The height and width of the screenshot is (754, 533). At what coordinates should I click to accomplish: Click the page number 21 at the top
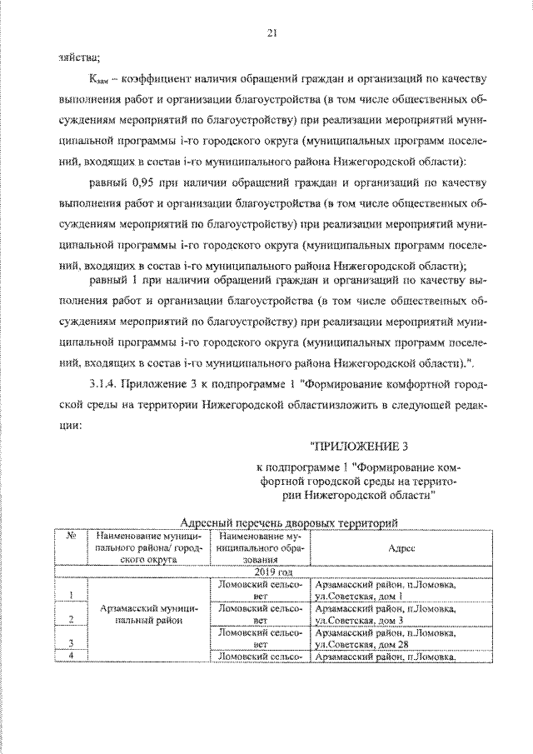(271, 32)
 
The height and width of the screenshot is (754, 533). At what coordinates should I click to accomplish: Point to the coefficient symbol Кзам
(98, 80)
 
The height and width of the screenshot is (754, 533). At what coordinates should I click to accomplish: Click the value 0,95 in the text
(145, 182)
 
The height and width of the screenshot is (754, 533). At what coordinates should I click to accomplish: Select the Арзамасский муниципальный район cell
(147, 615)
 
